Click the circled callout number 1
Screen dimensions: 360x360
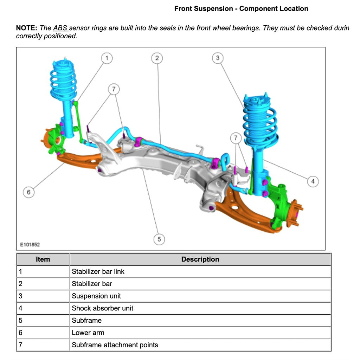(x=107, y=58)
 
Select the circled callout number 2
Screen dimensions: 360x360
(x=157, y=58)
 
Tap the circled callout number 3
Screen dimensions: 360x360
(x=218, y=58)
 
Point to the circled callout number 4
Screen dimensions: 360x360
(x=313, y=181)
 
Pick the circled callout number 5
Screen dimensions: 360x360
(x=159, y=239)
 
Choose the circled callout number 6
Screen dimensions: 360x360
(x=28, y=192)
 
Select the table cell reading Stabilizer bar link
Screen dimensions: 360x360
(x=98, y=271)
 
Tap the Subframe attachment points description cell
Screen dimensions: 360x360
(x=115, y=345)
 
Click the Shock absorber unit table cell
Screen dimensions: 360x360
(x=103, y=308)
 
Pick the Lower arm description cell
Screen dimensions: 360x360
(x=88, y=333)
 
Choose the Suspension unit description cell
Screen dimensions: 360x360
(x=96, y=296)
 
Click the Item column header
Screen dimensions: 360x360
(x=43, y=259)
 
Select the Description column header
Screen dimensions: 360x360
(x=200, y=259)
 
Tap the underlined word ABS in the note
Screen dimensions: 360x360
(x=60, y=28)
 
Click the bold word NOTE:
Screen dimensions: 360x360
(x=27, y=28)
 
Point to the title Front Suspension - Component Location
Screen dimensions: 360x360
(x=241, y=9)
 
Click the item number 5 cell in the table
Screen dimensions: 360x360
(x=20, y=321)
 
